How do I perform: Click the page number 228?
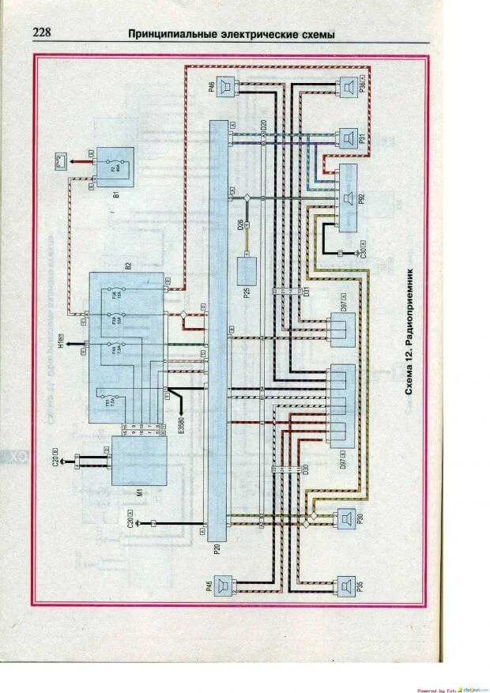43,34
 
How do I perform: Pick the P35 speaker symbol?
345,586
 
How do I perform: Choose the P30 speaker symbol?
345,519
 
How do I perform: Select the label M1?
138,493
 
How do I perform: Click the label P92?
361,198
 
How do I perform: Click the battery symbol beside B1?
56,164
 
